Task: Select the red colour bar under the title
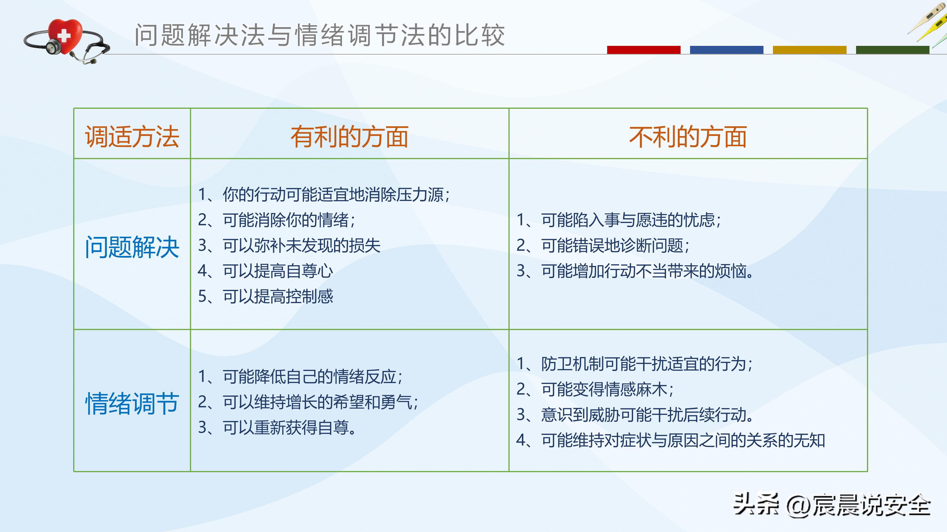pos(643,50)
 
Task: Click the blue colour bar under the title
pos(727,50)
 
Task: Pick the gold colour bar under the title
pos(809,50)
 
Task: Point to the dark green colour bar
pos(892,50)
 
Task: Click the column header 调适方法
pos(132,137)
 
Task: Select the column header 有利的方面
pos(350,137)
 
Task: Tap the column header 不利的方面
pos(688,137)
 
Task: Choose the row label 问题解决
pos(132,247)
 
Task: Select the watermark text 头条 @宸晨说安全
pos(832,505)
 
